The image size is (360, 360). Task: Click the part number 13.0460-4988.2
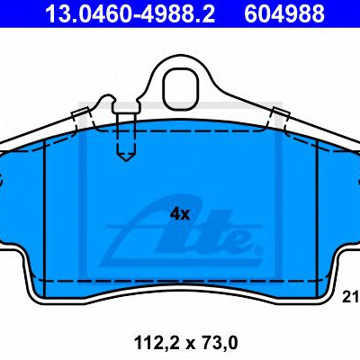coord(130,13)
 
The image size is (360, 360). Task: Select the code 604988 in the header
coord(284,13)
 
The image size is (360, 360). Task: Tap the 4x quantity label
coord(180,214)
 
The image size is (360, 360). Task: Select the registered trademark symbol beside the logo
coord(259,249)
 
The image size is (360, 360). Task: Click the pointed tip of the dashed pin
coord(126,161)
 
